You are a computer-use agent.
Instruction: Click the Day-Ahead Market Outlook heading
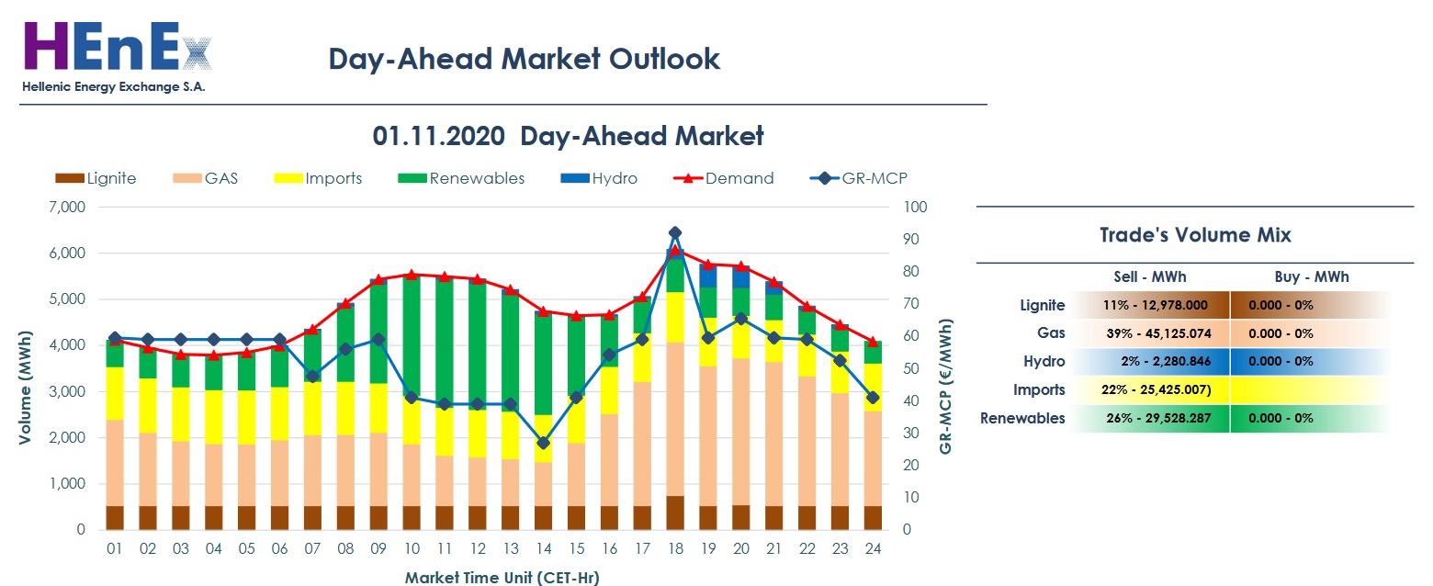click(x=524, y=59)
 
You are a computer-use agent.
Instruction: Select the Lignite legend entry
click(x=96, y=178)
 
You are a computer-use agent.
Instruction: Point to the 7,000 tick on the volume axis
click(x=66, y=208)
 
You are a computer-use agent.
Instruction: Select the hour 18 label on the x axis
click(x=675, y=549)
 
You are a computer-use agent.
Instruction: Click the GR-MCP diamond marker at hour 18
click(x=675, y=233)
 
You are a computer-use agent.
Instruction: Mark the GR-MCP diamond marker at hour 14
click(x=543, y=443)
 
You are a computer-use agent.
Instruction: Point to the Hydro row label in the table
click(x=1044, y=362)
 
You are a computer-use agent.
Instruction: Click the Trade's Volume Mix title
click(x=1195, y=235)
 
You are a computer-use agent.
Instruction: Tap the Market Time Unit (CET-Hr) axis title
click(x=502, y=578)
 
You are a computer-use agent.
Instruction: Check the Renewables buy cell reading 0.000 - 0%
click(x=1281, y=419)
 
